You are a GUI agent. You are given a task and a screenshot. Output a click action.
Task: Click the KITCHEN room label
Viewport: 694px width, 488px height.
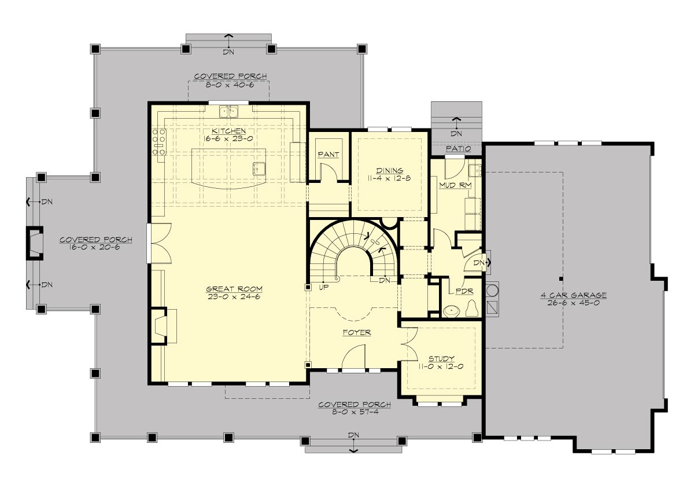coord(228,131)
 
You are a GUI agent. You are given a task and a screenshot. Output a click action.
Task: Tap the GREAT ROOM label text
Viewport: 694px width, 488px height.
coord(228,289)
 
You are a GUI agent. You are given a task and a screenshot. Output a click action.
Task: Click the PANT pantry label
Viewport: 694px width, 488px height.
coord(328,155)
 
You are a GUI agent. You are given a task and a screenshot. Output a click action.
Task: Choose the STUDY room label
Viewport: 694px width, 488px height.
coord(441,358)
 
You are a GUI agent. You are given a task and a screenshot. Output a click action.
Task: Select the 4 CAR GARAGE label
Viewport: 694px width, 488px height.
coord(573,295)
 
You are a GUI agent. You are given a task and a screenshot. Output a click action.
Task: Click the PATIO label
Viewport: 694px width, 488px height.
coord(457,149)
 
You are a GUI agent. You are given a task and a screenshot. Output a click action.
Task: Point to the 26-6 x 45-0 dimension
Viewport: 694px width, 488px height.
coord(573,303)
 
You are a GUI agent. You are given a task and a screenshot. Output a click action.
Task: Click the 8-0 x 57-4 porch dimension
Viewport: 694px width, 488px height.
coord(354,412)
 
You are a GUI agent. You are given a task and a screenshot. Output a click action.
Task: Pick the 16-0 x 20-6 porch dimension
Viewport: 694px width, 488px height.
coord(95,247)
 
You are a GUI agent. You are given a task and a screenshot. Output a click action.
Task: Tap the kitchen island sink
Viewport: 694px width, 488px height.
coord(259,168)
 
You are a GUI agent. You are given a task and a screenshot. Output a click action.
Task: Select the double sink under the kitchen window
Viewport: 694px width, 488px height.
coord(229,111)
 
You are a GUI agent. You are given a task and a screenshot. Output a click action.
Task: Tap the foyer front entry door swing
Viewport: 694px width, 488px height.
coord(354,356)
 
